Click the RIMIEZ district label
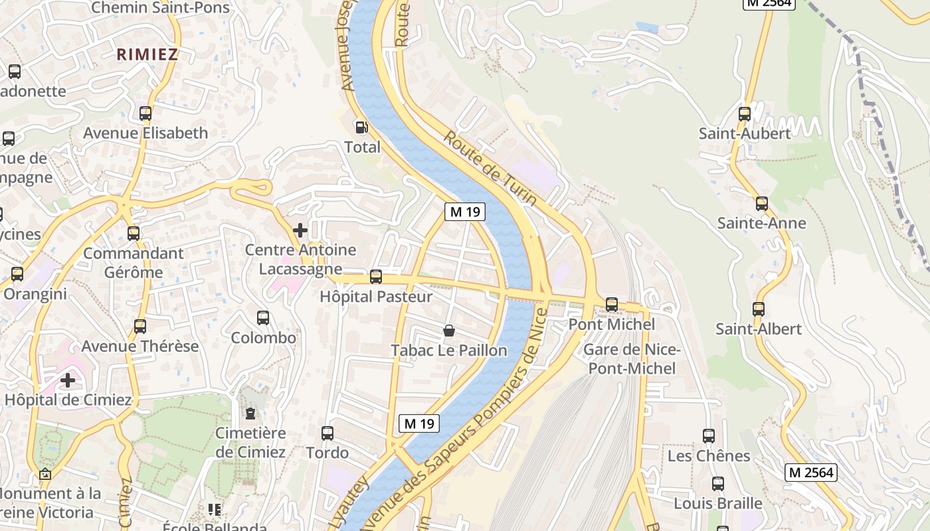147,54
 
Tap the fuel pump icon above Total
362,127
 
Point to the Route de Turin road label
490,169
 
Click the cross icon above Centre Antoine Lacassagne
300,230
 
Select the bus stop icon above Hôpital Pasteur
376,277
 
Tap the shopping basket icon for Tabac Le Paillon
449,331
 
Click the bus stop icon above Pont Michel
612,305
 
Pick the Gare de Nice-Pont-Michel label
632,359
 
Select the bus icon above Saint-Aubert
745,114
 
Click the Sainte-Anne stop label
761,223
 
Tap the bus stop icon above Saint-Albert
759,309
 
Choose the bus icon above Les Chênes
709,436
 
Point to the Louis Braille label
718,503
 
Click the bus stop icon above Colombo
263,318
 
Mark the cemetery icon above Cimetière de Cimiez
250,414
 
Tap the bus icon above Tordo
327,433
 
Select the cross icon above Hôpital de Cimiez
68,380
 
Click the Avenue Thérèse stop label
140,346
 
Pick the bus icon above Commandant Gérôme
134,234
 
